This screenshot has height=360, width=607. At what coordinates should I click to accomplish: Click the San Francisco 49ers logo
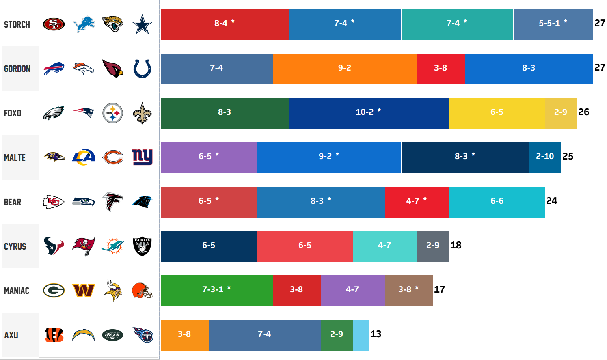click(x=54, y=24)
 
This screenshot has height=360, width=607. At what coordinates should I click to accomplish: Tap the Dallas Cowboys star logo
click(x=142, y=24)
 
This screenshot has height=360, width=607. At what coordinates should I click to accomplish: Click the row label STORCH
click(x=17, y=24)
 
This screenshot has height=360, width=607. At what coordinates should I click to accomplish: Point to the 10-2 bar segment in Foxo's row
click(x=369, y=113)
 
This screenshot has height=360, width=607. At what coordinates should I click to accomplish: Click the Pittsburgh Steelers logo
click(x=112, y=113)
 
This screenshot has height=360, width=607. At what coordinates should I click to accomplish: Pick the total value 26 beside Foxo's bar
click(x=583, y=112)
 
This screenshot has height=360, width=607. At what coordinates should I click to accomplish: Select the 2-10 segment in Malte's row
click(x=545, y=157)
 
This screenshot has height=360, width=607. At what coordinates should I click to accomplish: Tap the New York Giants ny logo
click(x=142, y=157)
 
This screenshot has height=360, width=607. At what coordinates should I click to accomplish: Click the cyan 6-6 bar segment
click(x=497, y=202)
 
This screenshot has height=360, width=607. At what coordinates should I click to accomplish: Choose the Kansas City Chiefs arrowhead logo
click(x=54, y=202)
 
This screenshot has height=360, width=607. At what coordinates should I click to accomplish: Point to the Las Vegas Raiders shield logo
click(x=142, y=246)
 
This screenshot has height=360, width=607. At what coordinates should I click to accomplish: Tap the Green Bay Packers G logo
click(x=54, y=291)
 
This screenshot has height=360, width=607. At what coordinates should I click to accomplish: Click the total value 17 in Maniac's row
click(x=439, y=289)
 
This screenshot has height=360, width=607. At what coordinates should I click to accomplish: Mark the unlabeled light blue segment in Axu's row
click(x=361, y=335)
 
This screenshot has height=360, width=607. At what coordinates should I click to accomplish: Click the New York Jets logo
click(x=112, y=335)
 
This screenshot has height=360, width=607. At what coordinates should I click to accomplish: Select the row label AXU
click(x=11, y=335)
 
